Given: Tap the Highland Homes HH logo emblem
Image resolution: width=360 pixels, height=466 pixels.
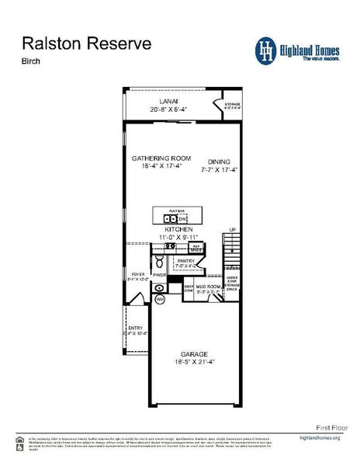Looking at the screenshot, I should (x=267, y=50).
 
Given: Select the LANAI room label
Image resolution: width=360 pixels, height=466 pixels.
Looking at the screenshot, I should (x=169, y=100).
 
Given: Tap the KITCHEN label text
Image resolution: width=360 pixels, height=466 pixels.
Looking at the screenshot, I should (x=178, y=230).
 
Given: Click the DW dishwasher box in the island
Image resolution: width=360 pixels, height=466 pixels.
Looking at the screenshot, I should (x=183, y=219).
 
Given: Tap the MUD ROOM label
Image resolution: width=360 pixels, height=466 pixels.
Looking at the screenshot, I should (x=208, y=287).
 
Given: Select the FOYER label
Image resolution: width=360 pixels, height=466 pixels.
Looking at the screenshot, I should (x=137, y=274).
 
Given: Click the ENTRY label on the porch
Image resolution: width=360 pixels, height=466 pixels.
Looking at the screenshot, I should (x=135, y=328).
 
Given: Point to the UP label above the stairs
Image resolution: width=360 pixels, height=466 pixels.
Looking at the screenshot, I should (x=232, y=230).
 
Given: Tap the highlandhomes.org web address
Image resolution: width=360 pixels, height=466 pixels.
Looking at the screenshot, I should (x=319, y=438).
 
